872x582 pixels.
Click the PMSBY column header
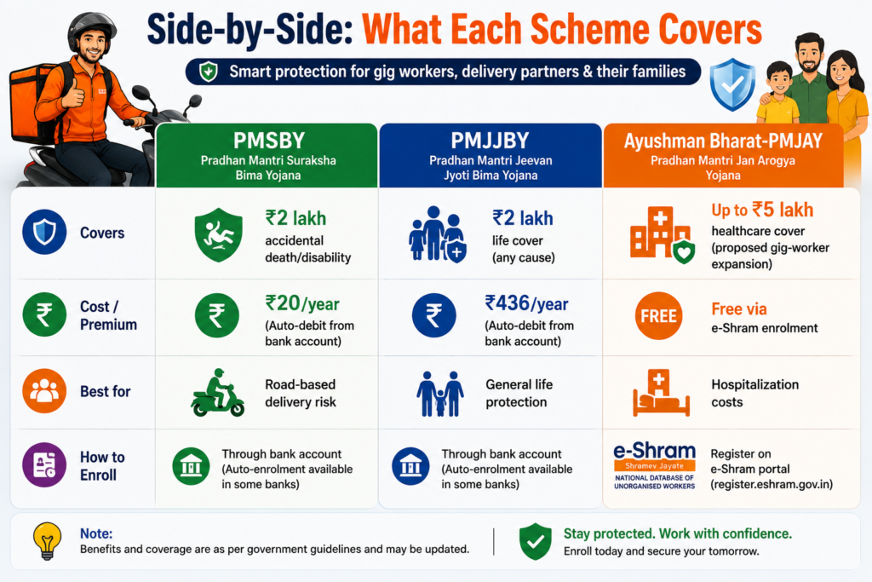[x=268, y=141]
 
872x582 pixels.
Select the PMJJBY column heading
[x=490, y=141]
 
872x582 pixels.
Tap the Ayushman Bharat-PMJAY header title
[x=723, y=141]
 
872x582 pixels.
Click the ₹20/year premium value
[x=302, y=303]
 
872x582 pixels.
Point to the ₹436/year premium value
[x=526, y=303]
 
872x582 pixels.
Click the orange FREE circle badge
[x=658, y=315]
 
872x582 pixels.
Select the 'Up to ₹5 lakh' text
[x=762, y=210]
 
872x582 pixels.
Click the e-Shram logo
[x=655, y=466]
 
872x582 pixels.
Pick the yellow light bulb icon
[x=48, y=540]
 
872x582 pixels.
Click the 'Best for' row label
[x=105, y=391]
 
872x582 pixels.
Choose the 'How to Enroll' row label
[x=102, y=466]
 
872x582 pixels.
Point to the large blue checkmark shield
[x=732, y=84]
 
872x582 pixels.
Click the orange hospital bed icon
[x=661, y=393]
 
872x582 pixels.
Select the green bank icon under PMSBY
[x=191, y=466]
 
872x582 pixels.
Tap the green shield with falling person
[x=218, y=235]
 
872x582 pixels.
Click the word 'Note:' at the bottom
[x=96, y=533]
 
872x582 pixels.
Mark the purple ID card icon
[x=44, y=464]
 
